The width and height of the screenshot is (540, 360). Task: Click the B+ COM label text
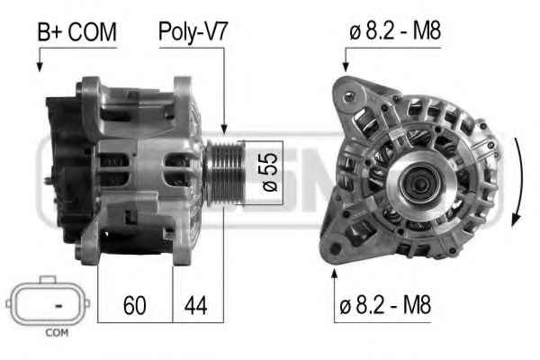[x=77, y=32]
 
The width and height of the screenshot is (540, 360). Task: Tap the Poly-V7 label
[x=193, y=32]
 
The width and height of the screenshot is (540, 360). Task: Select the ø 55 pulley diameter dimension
[x=270, y=172]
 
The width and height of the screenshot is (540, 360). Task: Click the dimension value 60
[x=135, y=305]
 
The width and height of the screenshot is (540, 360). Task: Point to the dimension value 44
[x=195, y=305]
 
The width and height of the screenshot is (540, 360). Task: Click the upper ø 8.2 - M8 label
[x=395, y=31]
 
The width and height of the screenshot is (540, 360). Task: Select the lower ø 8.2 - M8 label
[x=385, y=305]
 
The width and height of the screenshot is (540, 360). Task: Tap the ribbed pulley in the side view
[x=224, y=171]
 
